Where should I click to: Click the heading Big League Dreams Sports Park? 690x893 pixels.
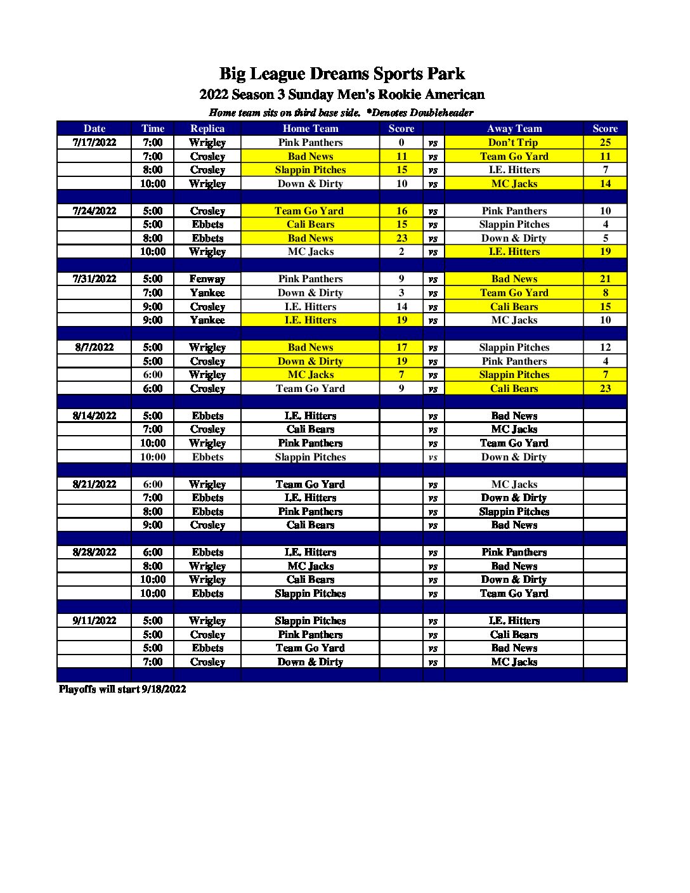point(342,74)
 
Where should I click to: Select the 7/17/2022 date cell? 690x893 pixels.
point(94,143)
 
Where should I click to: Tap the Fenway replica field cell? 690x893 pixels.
point(207,279)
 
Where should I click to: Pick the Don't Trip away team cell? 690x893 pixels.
point(514,143)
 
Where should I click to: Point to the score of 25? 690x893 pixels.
point(605,143)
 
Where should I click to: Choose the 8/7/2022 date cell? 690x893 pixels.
point(94,348)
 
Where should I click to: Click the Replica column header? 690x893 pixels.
point(207,129)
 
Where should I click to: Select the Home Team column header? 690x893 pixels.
point(310,129)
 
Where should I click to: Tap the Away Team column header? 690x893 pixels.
point(514,129)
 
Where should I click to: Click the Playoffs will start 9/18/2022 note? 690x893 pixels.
point(122,689)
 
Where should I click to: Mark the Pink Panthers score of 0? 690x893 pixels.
point(401,143)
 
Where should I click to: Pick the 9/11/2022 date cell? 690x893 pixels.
point(94,621)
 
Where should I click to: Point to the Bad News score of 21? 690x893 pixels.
point(605,279)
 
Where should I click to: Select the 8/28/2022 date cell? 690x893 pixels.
point(94,552)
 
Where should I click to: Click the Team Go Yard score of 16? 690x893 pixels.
point(401,211)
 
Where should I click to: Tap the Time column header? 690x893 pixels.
point(153,129)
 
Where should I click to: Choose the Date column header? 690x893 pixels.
point(94,129)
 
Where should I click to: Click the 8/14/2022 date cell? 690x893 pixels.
point(94,416)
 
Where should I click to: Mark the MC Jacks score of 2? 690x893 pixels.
point(401,252)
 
